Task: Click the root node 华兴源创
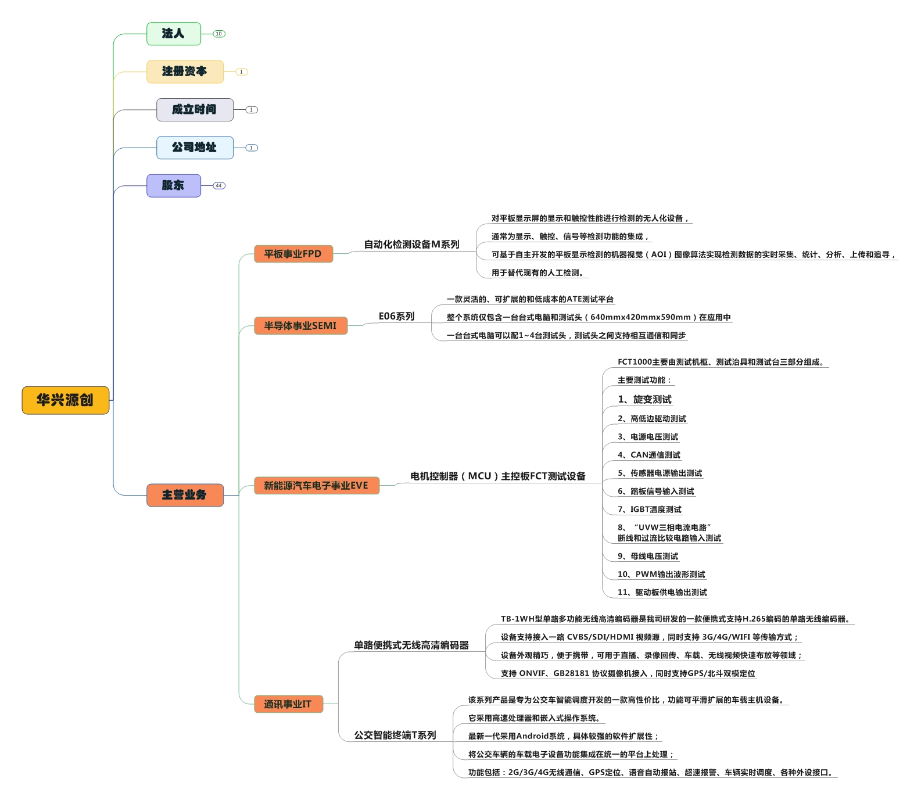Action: pyautogui.click(x=65, y=400)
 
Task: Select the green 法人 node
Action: pyautogui.click(x=173, y=34)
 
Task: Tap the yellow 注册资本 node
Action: pyautogui.click(x=184, y=71)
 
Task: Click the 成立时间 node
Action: pyautogui.click(x=194, y=110)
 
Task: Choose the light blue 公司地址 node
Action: pyautogui.click(x=194, y=148)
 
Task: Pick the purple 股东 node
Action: pyautogui.click(x=173, y=185)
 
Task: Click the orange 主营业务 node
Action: pyautogui.click(x=184, y=495)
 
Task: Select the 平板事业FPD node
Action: pyautogui.click(x=293, y=254)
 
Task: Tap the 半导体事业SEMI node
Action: pyautogui.click(x=300, y=326)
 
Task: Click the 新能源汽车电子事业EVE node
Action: pyautogui.click(x=316, y=486)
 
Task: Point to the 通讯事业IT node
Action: pyautogui.click(x=288, y=704)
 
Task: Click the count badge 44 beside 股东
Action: pyautogui.click(x=219, y=186)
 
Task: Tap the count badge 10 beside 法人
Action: pyautogui.click(x=219, y=34)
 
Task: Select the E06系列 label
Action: pyautogui.click(x=396, y=316)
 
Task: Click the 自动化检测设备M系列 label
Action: pyautogui.click(x=411, y=245)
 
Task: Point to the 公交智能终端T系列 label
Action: pyautogui.click(x=395, y=735)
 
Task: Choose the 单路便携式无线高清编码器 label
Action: pyautogui.click(x=411, y=645)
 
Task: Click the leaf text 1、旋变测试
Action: pyautogui.click(x=644, y=399)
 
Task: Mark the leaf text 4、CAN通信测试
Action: pyautogui.click(x=648, y=455)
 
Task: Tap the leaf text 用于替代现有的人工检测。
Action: pyautogui.click(x=537, y=272)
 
